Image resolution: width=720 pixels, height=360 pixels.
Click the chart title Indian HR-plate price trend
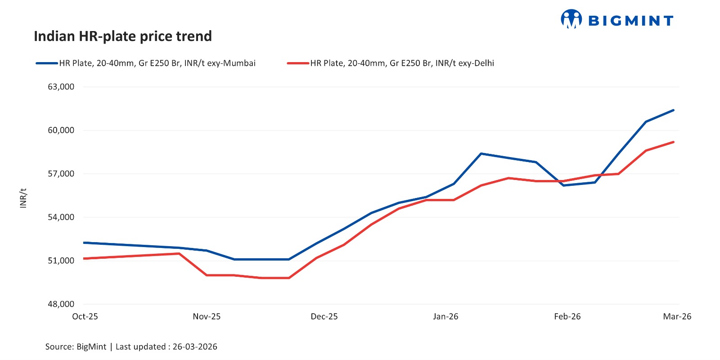(x=123, y=36)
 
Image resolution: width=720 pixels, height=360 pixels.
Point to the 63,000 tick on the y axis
(x=61, y=87)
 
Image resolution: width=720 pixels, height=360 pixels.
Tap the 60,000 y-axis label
(x=61, y=130)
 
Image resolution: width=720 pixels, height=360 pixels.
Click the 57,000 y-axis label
(x=61, y=174)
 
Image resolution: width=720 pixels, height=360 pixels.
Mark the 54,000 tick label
(x=61, y=217)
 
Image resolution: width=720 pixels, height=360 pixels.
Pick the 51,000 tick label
(x=61, y=261)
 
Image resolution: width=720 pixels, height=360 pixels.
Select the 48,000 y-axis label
(x=61, y=304)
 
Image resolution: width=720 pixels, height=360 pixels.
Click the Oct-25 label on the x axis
(x=85, y=316)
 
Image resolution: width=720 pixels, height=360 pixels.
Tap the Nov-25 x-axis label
(x=207, y=316)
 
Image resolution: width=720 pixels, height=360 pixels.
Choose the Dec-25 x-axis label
(x=324, y=316)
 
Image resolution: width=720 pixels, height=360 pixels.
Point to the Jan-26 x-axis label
(x=445, y=316)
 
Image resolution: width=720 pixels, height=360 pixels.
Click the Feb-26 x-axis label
(x=567, y=316)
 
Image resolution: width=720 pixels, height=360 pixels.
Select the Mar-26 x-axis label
(x=677, y=316)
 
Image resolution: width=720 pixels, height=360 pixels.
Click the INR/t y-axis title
(x=23, y=198)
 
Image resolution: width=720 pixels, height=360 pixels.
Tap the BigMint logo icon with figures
(x=571, y=19)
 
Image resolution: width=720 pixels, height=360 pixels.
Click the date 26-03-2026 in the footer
(x=195, y=346)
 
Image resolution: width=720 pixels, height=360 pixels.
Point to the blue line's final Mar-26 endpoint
(x=673, y=110)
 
